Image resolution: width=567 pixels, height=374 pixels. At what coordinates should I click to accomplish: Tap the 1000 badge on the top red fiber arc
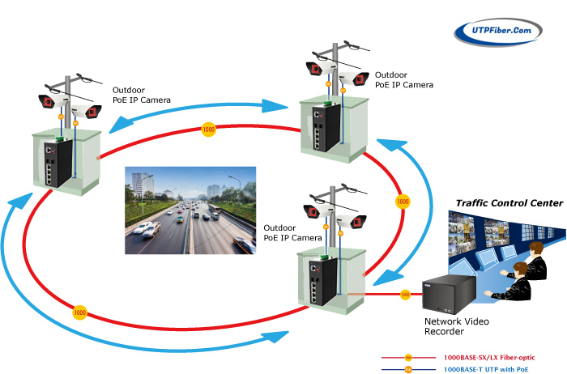(x=208, y=130)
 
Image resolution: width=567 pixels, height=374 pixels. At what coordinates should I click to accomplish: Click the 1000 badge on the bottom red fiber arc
(x=79, y=311)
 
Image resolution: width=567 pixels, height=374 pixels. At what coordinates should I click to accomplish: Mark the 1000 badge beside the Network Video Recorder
(x=404, y=295)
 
